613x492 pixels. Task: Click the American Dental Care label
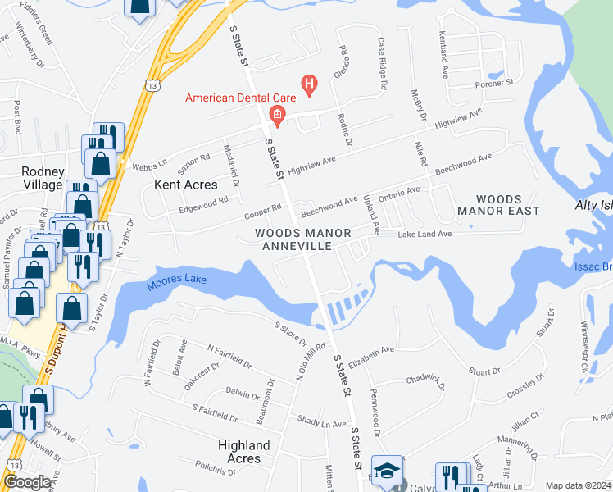[x=241, y=98]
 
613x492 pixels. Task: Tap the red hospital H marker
[x=309, y=83]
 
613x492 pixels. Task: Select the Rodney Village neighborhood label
[x=43, y=178]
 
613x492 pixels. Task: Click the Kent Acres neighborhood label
[x=186, y=184]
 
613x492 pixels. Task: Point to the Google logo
[x=27, y=483]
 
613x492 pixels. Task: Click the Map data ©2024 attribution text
[x=578, y=485]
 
